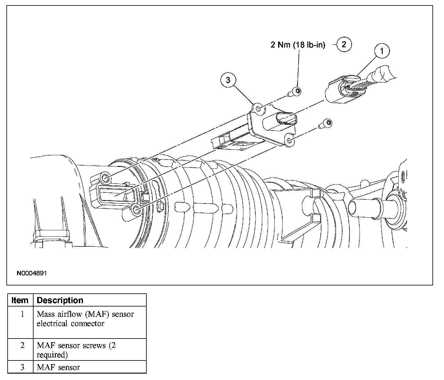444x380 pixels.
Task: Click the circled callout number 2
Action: tap(344, 45)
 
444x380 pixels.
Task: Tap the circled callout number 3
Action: tap(228, 80)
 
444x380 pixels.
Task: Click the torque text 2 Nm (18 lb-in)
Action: tap(298, 45)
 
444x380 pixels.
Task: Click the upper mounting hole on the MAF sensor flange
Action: tap(258, 109)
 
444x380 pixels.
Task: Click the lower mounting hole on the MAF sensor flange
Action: tap(289, 141)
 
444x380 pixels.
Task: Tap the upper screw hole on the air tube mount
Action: tap(105, 178)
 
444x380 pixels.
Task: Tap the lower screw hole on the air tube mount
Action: tap(136, 210)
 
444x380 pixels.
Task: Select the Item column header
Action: tap(20, 300)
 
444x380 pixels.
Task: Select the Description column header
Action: tap(60, 300)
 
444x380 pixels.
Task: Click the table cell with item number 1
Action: tap(22, 314)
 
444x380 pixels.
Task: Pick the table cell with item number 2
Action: tap(22, 346)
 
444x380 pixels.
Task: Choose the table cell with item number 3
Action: tap(22, 367)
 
